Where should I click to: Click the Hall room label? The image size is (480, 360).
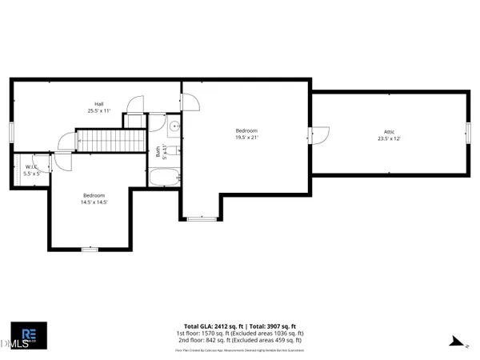pyautogui.click(x=99, y=103)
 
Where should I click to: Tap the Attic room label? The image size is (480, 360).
pyautogui.click(x=389, y=132)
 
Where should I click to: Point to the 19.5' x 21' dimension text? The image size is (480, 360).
pyautogui.click(x=246, y=137)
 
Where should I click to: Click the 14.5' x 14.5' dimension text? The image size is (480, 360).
pyautogui.click(x=94, y=202)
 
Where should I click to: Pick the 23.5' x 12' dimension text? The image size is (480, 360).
pyautogui.click(x=389, y=138)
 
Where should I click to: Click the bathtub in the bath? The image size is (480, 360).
pyautogui.click(x=163, y=176)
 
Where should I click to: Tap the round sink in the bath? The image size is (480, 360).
pyautogui.click(x=173, y=126)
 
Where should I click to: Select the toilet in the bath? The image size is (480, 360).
pyautogui.click(x=173, y=149)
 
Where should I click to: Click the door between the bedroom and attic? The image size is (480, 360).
pyautogui.click(x=319, y=136)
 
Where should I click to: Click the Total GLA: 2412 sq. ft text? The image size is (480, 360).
pyautogui.click(x=213, y=326)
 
